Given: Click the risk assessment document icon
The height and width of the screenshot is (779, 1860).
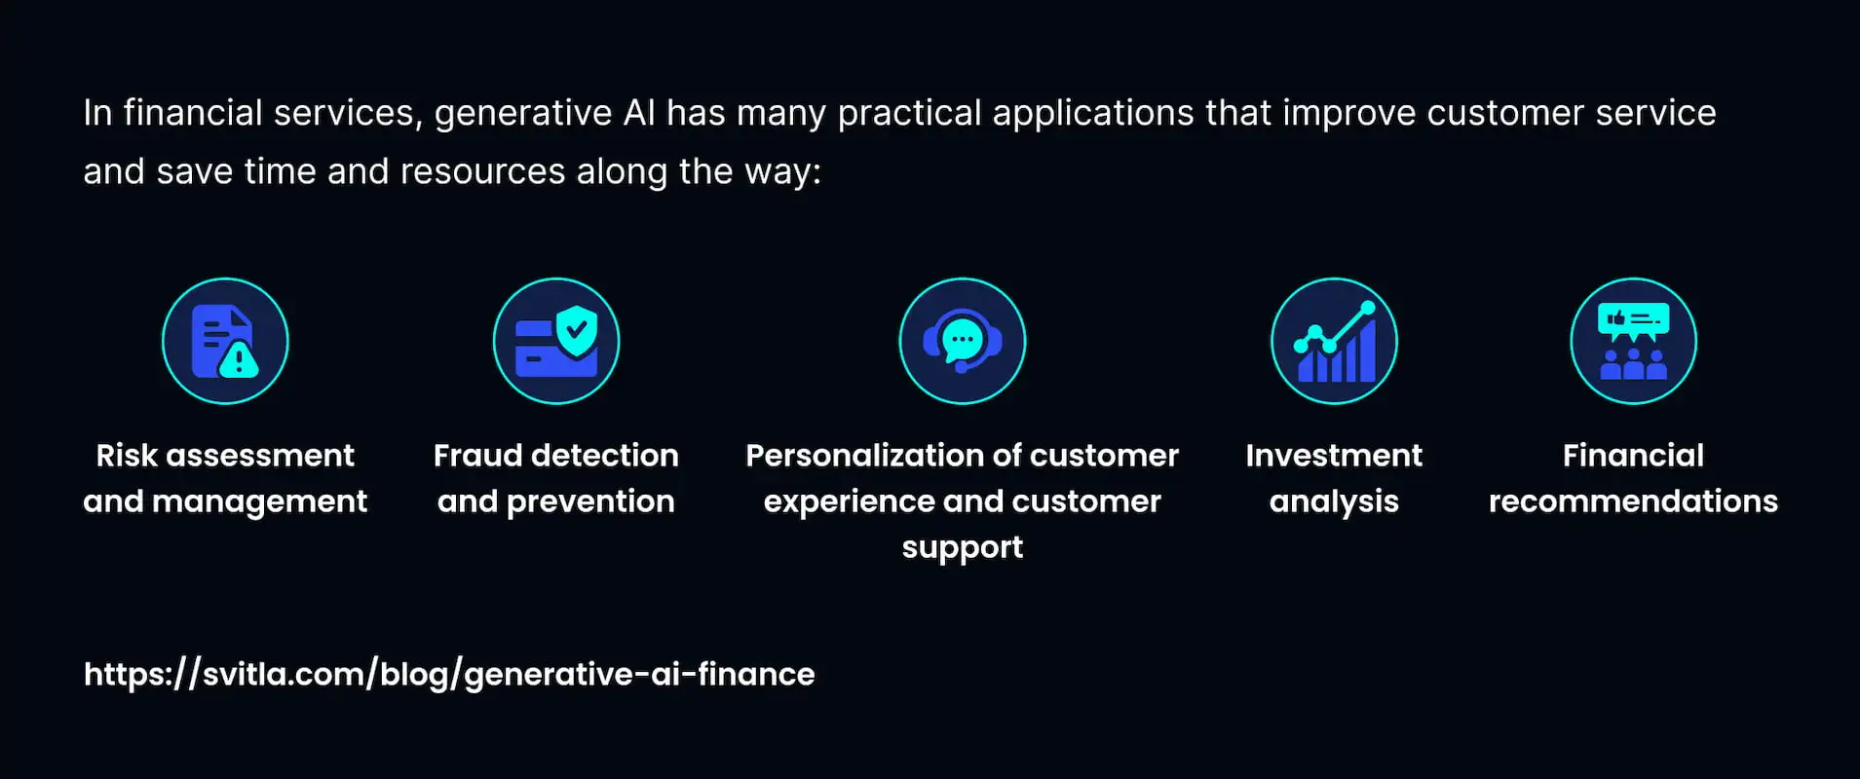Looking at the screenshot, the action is click(x=225, y=341).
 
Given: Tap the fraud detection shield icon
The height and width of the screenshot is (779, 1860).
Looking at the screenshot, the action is click(x=556, y=341).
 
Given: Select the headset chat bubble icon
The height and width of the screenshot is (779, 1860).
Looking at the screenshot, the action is click(x=963, y=341).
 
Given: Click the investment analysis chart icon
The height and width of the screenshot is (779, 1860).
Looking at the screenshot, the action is click(x=1334, y=341).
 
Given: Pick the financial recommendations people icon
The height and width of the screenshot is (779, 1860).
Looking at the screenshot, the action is click(x=1634, y=341).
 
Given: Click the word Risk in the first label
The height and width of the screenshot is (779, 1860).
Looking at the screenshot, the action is click(x=127, y=455).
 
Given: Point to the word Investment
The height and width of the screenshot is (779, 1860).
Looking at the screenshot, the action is click(x=1334, y=455).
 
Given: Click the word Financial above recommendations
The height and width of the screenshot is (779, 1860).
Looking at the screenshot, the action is click(x=1634, y=455).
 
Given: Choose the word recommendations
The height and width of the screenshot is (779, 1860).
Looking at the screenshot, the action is click(x=1634, y=501).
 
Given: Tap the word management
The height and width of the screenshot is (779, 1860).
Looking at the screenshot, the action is click(x=259, y=502).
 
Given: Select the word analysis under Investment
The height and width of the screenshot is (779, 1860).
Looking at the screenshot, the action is click(x=1334, y=502).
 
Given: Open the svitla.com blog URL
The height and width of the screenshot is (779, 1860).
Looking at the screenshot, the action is click(x=449, y=674).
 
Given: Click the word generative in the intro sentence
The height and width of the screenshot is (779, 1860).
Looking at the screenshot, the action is click(x=523, y=114).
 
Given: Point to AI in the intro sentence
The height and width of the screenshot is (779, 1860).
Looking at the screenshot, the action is click(x=639, y=113).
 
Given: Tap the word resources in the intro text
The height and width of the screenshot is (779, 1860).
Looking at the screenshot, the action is click(x=482, y=171).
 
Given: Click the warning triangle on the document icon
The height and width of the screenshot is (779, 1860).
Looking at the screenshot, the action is click(x=239, y=361).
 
